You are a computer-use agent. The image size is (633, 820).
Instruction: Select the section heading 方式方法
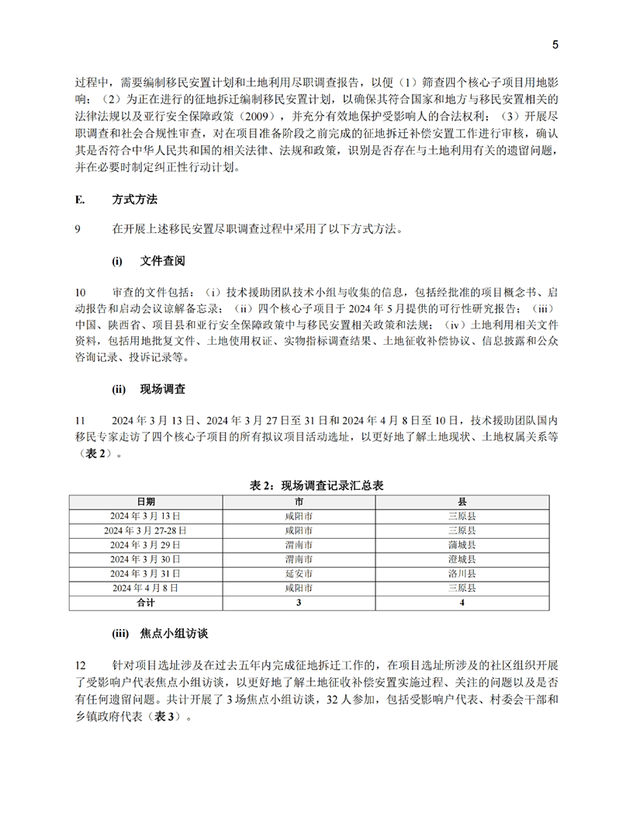tap(134, 199)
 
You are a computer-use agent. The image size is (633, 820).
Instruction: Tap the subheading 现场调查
tap(161, 387)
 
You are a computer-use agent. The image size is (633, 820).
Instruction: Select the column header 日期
tap(146, 502)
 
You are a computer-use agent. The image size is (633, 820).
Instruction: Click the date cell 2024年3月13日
tap(146, 516)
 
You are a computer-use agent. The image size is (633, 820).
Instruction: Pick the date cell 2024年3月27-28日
tap(146, 530)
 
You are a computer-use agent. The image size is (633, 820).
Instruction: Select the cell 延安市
tap(299, 573)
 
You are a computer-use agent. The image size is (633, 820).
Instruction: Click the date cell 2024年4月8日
tap(146, 588)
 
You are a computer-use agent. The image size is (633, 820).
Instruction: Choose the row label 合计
tap(146, 602)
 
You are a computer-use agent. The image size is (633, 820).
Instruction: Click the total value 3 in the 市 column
tap(299, 602)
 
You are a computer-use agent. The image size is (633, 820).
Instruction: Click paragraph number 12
tap(81, 667)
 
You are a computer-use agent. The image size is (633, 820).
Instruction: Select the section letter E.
tap(79, 199)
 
